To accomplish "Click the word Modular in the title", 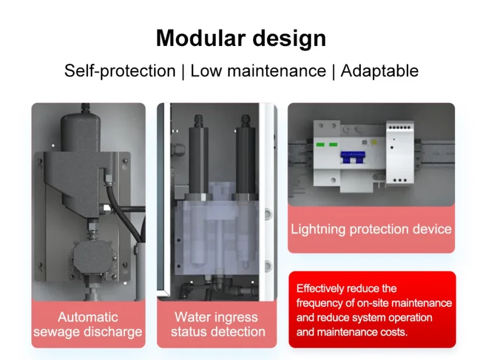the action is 201,38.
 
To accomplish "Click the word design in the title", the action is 289,38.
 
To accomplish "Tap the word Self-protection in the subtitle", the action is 120,71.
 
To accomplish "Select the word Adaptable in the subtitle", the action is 379,71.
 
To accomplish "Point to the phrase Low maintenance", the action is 258,70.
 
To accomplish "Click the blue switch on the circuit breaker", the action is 353,157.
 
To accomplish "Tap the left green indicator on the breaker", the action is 321,144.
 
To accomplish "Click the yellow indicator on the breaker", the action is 374,142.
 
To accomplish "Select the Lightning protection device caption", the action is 371,229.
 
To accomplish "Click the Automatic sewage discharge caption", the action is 88,324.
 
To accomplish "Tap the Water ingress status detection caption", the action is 218,324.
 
